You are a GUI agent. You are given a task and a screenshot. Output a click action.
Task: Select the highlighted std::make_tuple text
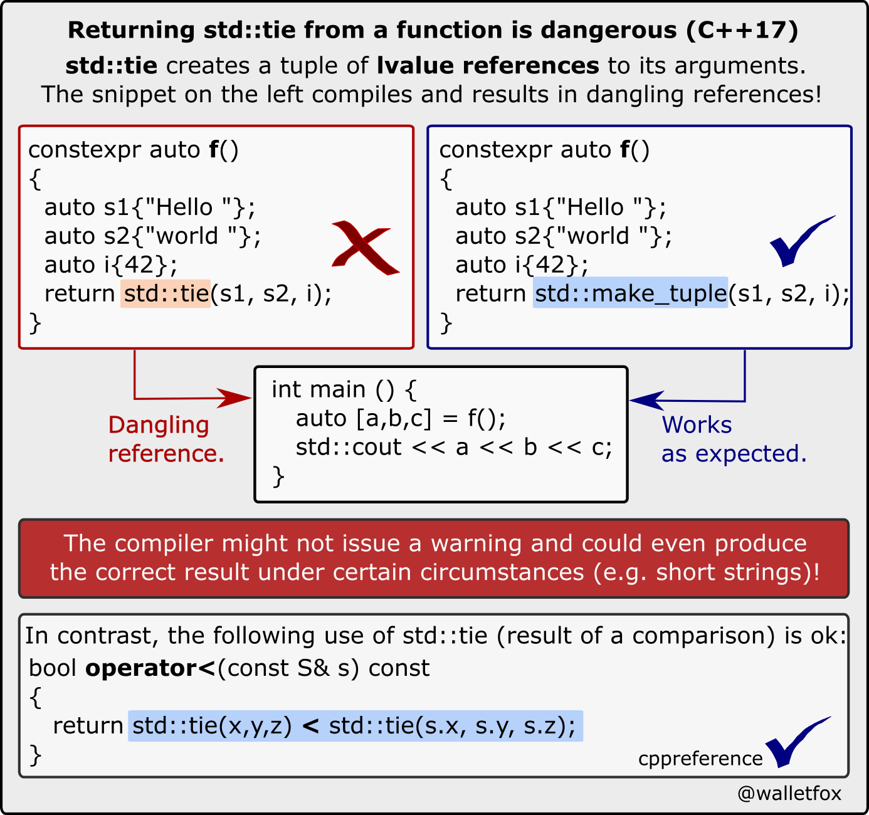point(630,293)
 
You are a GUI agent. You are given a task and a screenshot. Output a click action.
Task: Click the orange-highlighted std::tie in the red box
point(166,293)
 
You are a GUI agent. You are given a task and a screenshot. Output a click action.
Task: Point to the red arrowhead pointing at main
point(234,398)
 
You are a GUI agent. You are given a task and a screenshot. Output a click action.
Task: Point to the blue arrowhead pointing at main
point(646,401)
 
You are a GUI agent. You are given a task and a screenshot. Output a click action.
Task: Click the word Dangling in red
point(159,426)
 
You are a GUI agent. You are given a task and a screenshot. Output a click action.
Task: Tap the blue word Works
point(697,424)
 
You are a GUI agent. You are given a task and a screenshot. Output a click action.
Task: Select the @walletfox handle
point(789,792)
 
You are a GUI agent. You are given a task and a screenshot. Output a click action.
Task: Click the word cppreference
point(700,759)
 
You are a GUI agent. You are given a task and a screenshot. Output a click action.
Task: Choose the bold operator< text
point(150,668)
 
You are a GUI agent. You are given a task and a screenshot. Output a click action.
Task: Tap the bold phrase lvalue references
point(488,66)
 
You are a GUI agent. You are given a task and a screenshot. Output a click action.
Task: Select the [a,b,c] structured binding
point(394,418)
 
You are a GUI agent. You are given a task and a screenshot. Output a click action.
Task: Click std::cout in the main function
point(349,448)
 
